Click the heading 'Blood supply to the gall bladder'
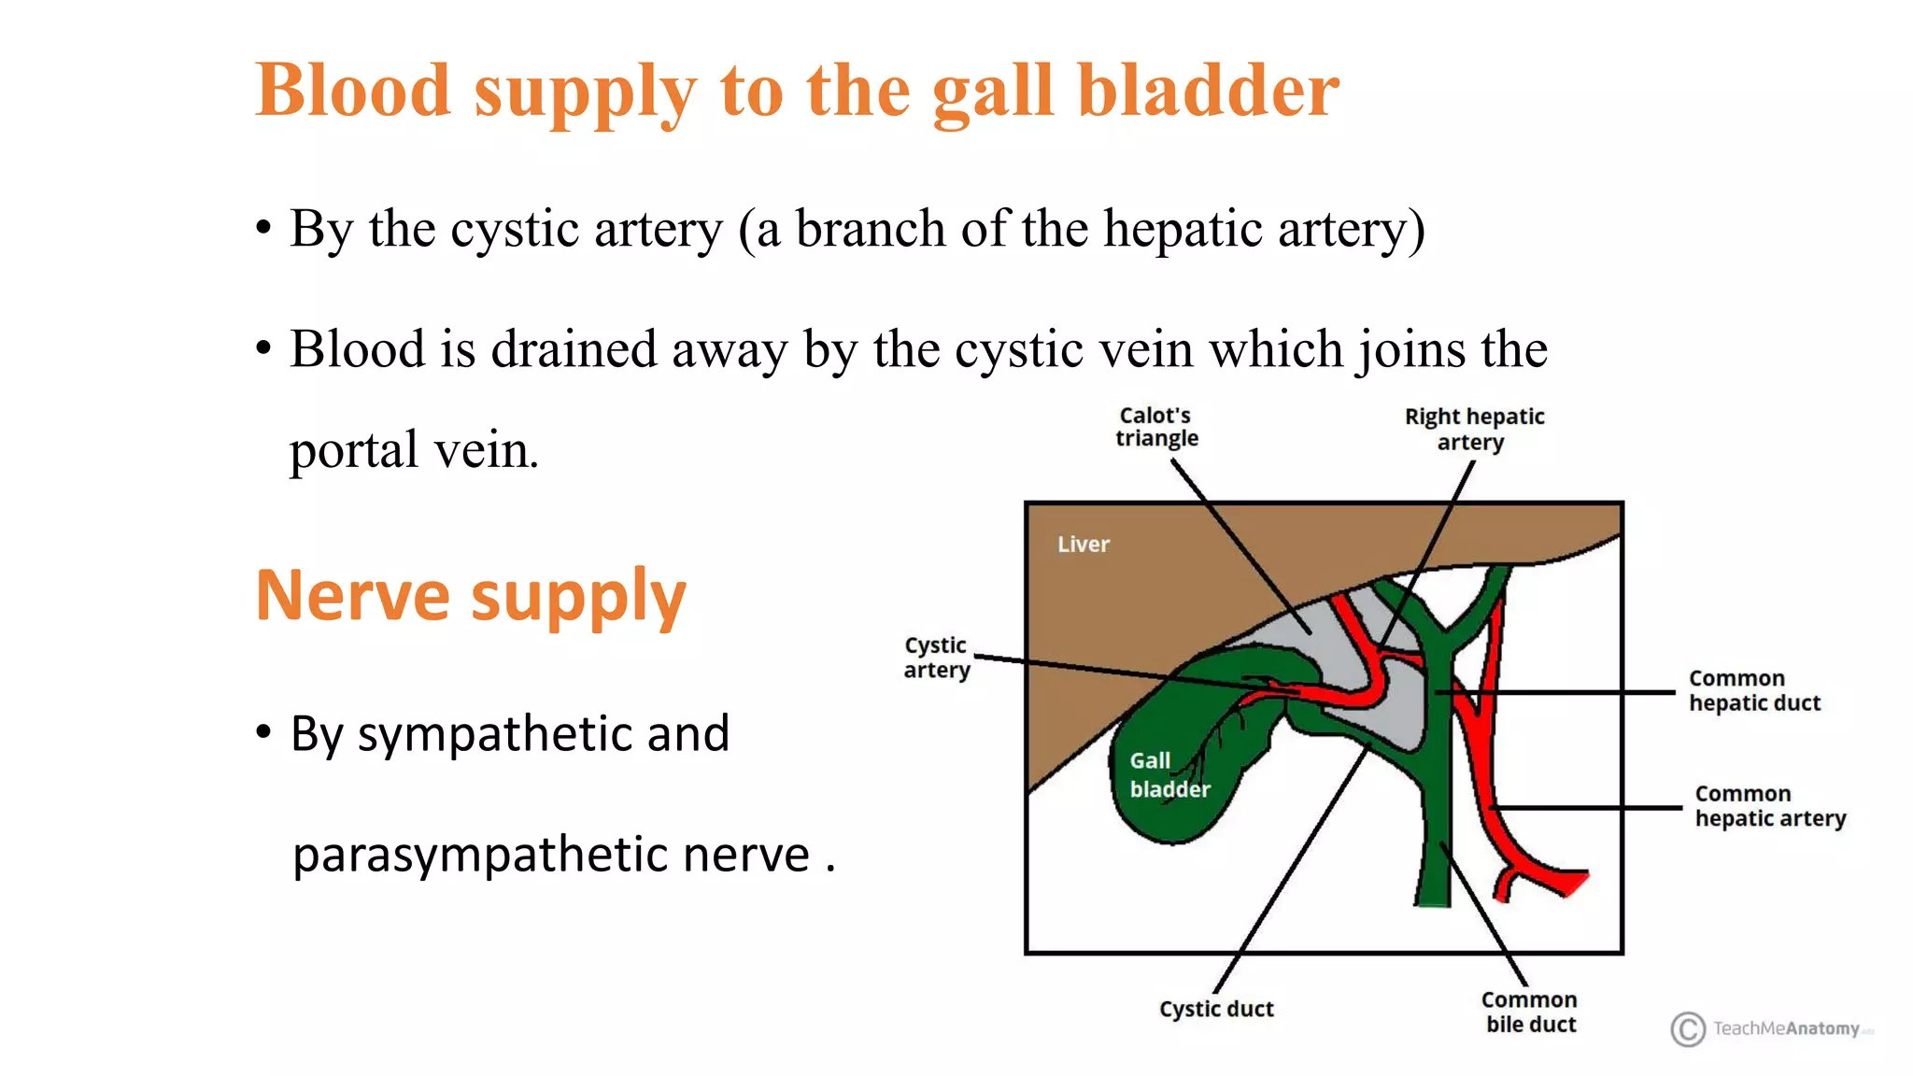(797, 91)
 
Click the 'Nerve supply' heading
(471, 596)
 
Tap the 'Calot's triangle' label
(1156, 427)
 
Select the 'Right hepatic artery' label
(1474, 429)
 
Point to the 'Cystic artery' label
(936, 658)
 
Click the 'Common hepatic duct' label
(1753, 690)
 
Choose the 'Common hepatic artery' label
(1769, 805)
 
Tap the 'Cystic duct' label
(1216, 1009)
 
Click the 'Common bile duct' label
(1529, 1012)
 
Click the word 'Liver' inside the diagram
(1084, 545)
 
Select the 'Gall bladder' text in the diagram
(1168, 775)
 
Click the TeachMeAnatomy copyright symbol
(1687, 1028)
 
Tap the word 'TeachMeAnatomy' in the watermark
(1786, 1028)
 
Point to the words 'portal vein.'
(414, 451)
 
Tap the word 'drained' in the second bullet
(574, 349)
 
